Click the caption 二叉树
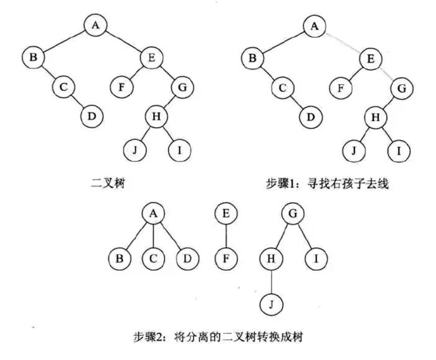pos(108,184)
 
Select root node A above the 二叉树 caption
pos(96,25)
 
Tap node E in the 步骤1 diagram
pos(370,59)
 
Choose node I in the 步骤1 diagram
pos(399,151)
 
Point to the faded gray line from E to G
pos(387,73)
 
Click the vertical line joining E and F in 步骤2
pos(227,236)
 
